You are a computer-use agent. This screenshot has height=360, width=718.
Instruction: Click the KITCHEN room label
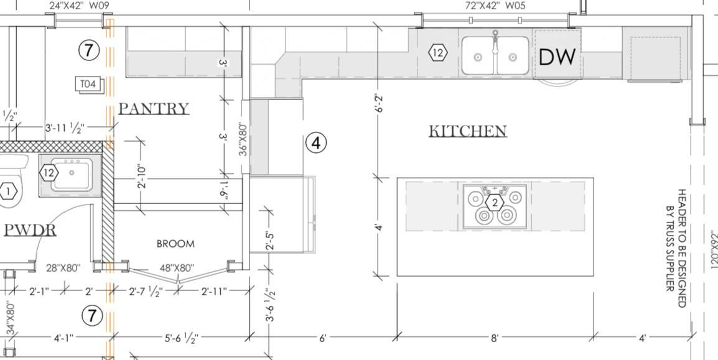(467, 131)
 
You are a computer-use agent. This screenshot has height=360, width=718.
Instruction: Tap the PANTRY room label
(154, 108)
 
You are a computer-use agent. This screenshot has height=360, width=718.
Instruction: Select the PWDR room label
(30, 229)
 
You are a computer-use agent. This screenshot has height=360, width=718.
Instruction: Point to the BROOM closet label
(175, 244)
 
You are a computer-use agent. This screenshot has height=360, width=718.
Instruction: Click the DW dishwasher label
(557, 57)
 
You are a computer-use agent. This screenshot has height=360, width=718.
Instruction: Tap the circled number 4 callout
(316, 143)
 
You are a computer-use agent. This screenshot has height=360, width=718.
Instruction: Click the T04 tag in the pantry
(88, 85)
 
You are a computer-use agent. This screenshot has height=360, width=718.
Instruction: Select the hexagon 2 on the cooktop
(495, 203)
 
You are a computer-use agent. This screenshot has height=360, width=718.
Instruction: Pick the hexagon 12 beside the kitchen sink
(438, 53)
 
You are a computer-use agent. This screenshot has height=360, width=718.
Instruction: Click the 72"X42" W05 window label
(495, 6)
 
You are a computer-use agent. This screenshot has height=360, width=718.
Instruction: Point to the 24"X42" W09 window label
(79, 6)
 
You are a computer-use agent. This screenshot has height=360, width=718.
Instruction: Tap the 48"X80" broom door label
(177, 267)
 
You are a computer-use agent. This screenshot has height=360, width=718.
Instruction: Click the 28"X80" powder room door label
(63, 267)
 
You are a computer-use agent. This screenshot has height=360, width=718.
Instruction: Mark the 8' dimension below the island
(495, 338)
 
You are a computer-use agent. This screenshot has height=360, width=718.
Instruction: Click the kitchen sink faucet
(495, 44)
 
